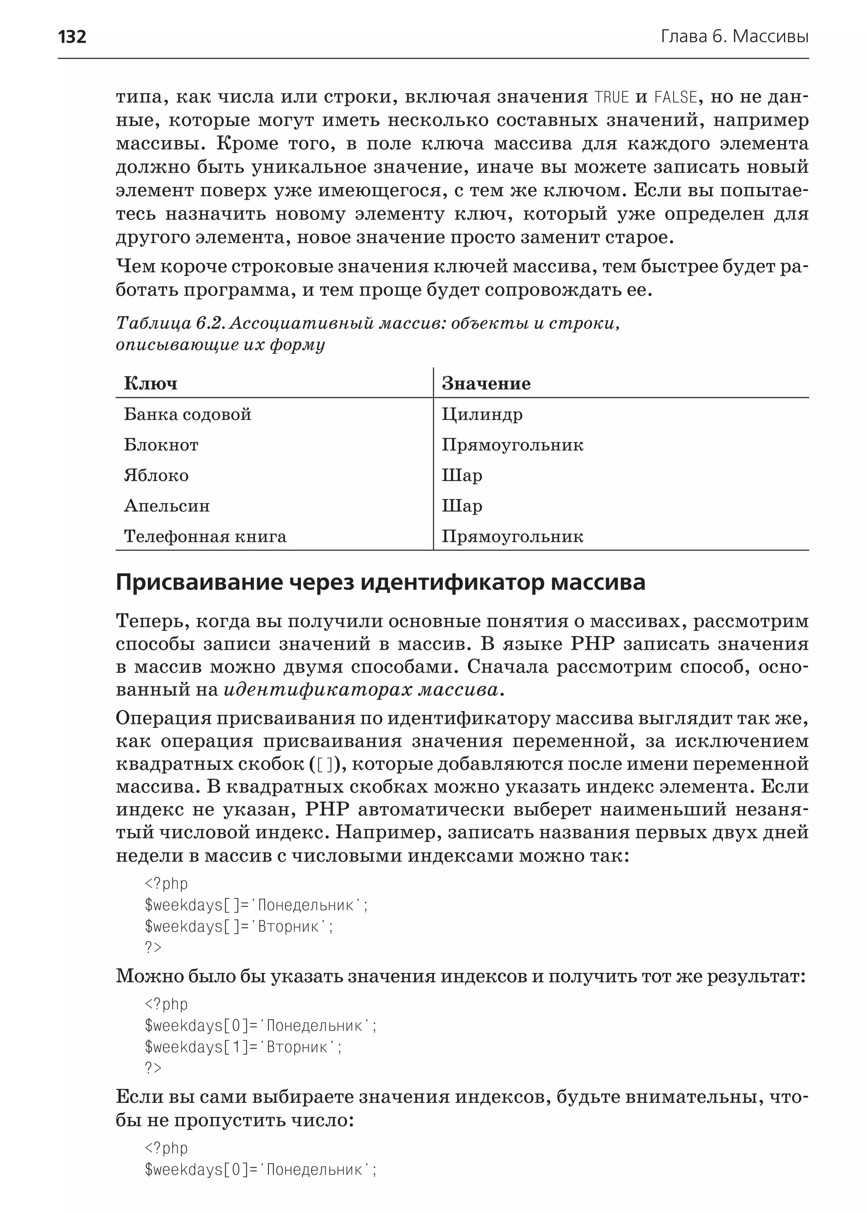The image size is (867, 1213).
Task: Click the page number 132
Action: [72, 37]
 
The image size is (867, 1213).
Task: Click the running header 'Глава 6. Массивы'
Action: [734, 37]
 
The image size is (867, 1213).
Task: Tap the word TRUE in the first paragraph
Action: [612, 97]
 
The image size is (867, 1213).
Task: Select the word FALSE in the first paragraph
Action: [675, 97]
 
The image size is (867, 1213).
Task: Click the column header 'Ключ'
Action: [151, 384]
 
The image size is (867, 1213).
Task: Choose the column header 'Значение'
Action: [486, 384]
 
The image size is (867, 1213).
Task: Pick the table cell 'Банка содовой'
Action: [188, 414]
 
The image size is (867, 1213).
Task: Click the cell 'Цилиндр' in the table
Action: [482, 414]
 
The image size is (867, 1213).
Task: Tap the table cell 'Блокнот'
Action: [161, 445]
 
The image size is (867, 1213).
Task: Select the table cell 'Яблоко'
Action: [156, 475]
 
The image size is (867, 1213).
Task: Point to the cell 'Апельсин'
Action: [166, 506]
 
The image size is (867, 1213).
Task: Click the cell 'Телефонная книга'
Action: [205, 536]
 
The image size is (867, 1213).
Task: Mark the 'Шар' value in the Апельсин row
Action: [462, 506]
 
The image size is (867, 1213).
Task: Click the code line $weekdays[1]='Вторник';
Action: [243, 1047]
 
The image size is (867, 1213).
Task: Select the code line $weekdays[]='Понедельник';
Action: [256, 905]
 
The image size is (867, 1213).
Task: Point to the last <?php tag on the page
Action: [166, 1148]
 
